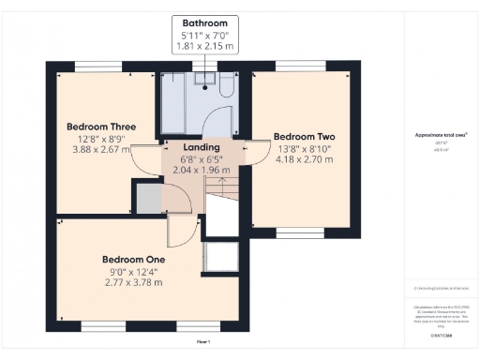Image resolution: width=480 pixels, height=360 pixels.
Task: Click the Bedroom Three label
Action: point(101,127)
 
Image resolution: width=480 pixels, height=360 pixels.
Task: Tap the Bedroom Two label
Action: point(305,134)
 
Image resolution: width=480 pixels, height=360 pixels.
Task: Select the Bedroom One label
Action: point(134,259)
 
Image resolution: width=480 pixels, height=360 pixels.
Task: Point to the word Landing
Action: point(201,147)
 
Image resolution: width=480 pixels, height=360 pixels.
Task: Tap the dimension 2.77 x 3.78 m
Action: point(134,281)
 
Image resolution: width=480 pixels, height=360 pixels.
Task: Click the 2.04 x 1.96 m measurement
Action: point(201,170)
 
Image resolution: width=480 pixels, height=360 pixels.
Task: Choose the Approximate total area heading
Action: point(441,135)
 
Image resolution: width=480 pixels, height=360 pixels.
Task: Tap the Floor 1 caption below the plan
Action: point(202,342)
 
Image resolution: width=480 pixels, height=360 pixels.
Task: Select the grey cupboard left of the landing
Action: point(148,199)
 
